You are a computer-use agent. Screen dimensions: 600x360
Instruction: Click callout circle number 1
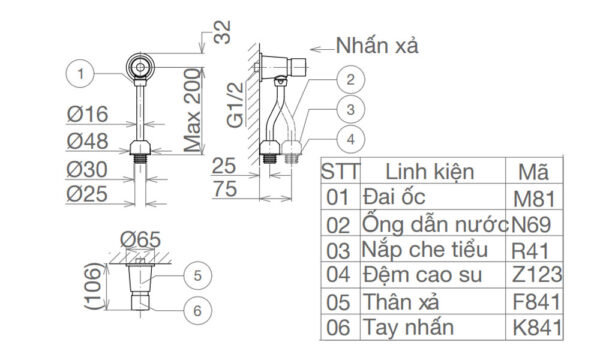tap(80, 73)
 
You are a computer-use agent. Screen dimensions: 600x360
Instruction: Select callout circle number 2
tap(351, 80)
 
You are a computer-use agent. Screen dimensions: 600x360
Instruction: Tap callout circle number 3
tap(351, 110)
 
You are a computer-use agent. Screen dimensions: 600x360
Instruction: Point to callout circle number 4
tap(351, 140)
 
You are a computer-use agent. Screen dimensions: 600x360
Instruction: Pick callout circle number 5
tap(197, 275)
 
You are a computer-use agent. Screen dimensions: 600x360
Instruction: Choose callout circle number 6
tap(197, 311)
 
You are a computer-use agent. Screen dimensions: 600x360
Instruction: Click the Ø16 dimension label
tap(88, 114)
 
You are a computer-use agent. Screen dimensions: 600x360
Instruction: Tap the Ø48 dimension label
tap(88, 142)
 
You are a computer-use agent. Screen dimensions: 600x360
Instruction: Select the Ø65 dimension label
tap(140, 240)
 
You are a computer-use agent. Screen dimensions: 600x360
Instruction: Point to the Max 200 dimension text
tap(192, 110)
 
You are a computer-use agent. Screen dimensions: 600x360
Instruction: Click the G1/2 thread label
tap(235, 105)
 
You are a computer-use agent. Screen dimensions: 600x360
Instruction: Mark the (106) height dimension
tap(94, 286)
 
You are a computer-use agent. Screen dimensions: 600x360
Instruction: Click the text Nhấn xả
tap(377, 46)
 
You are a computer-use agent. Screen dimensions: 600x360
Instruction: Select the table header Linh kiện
tap(430, 171)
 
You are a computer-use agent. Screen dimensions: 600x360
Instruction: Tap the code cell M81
tap(534, 199)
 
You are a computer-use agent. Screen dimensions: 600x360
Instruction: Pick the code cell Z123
tap(537, 274)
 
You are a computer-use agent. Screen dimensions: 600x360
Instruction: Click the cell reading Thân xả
tap(401, 302)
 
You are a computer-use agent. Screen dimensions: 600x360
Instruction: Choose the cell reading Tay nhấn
tap(408, 328)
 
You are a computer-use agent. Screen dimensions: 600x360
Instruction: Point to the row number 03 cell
tap(338, 251)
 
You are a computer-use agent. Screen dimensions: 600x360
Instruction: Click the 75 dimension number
tap(225, 189)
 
